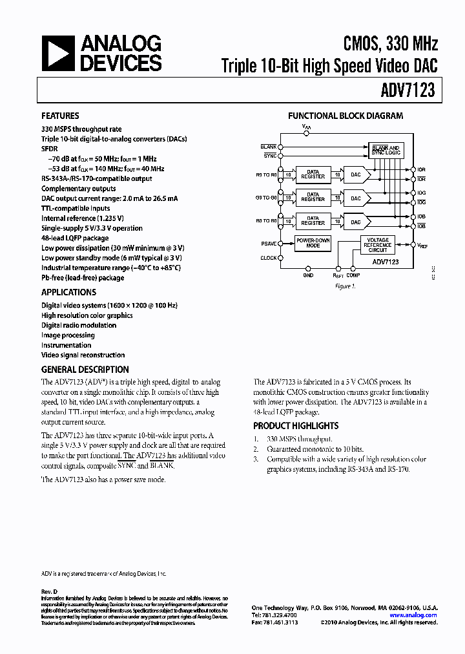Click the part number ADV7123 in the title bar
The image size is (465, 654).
point(411,91)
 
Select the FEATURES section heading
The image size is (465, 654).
point(60,116)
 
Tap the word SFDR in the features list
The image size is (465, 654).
point(50,149)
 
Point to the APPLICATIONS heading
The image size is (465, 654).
point(68,292)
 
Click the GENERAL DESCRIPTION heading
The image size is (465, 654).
point(85,370)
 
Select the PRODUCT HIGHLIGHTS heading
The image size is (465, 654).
point(296,426)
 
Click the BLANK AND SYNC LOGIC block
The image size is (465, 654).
point(386,150)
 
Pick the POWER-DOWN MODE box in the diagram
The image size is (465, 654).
point(313,243)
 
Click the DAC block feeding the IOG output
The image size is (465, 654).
point(356,198)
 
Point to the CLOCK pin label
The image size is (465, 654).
point(269,258)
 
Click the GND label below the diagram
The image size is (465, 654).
point(308,275)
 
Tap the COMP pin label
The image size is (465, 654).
point(353,275)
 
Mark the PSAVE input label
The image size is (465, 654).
point(269,244)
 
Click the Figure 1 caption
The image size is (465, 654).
point(346,286)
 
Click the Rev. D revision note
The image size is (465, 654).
point(50,592)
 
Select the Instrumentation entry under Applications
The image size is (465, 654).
point(67,345)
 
